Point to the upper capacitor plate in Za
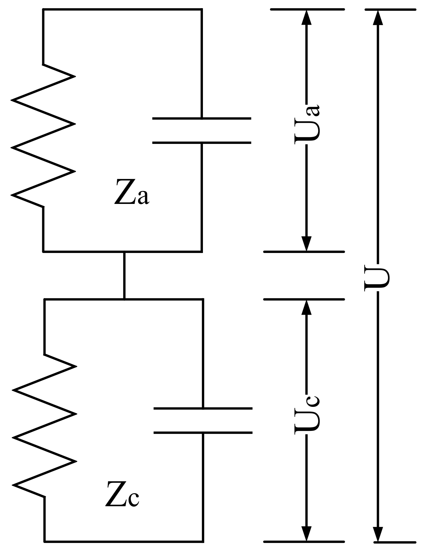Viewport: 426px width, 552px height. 202,119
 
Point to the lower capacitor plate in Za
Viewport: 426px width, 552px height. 202,142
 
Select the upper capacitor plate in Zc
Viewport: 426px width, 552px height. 203,408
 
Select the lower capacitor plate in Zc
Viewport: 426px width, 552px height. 203,433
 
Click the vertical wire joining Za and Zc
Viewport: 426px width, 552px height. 124,275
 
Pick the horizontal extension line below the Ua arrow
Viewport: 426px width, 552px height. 304,252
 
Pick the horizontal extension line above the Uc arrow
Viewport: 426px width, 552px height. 304,299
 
